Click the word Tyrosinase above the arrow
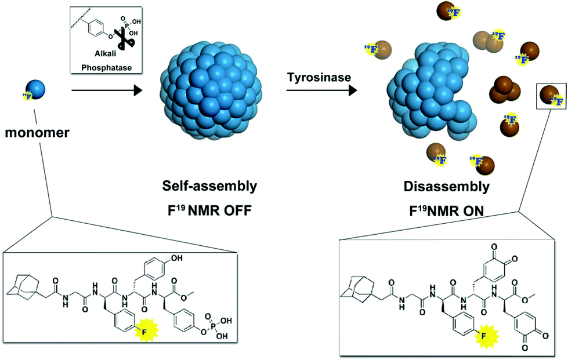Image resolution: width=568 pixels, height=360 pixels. click(x=319, y=77)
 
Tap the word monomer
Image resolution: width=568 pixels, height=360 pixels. click(x=37, y=133)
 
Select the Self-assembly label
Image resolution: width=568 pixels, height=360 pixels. click(x=210, y=186)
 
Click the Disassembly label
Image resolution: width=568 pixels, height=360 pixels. click(x=447, y=187)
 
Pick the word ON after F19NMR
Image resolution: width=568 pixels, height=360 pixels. click(x=472, y=211)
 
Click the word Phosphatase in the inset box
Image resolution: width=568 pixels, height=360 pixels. click(x=106, y=67)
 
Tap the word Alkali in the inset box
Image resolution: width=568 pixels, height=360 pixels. click(x=106, y=54)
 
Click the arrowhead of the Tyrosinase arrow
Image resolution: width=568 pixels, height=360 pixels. click(x=353, y=90)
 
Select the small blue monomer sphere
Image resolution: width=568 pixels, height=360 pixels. click(x=35, y=89)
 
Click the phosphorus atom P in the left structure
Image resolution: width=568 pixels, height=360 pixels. click(x=213, y=327)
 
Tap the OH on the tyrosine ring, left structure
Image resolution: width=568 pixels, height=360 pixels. click(x=177, y=259)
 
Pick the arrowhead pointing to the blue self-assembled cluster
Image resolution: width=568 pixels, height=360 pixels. click(x=138, y=90)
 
